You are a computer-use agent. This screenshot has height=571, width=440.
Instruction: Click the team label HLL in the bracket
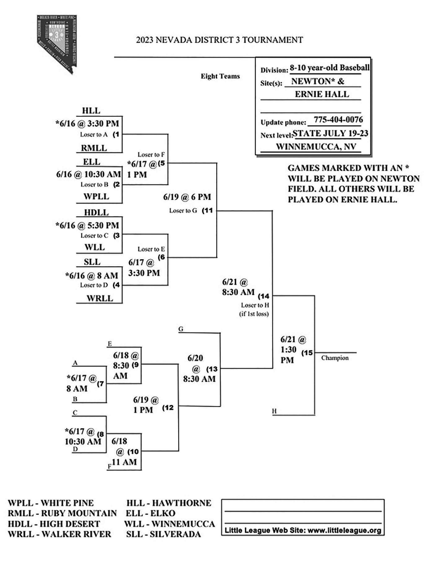tap(91, 111)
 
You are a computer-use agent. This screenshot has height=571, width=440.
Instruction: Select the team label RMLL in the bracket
tap(94, 148)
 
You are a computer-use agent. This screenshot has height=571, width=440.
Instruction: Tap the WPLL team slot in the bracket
tap(96, 196)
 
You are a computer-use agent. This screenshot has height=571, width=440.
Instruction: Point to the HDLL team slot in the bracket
tap(96, 212)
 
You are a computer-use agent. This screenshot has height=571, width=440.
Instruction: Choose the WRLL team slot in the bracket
tap(100, 298)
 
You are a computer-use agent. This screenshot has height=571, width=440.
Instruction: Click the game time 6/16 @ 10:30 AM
tap(89, 174)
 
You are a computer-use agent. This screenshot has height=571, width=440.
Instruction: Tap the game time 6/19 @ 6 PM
tap(187, 197)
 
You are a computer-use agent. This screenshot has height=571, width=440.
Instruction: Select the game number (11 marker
tap(207, 210)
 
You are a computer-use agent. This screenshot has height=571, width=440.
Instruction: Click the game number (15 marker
tap(307, 353)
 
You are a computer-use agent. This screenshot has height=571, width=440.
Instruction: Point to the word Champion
tap(335, 358)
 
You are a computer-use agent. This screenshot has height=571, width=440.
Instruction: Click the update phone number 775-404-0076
tap(338, 120)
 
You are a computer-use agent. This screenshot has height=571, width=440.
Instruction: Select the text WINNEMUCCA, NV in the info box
tap(316, 147)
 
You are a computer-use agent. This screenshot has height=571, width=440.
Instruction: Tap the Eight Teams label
tap(220, 76)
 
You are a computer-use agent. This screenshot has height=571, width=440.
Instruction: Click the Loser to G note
tap(183, 211)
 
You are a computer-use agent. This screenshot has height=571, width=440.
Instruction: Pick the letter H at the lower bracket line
tap(274, 411)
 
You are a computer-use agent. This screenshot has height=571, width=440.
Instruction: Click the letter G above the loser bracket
tap(181, 329)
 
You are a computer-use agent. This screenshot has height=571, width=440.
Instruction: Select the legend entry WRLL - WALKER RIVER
tap(60, 534)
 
